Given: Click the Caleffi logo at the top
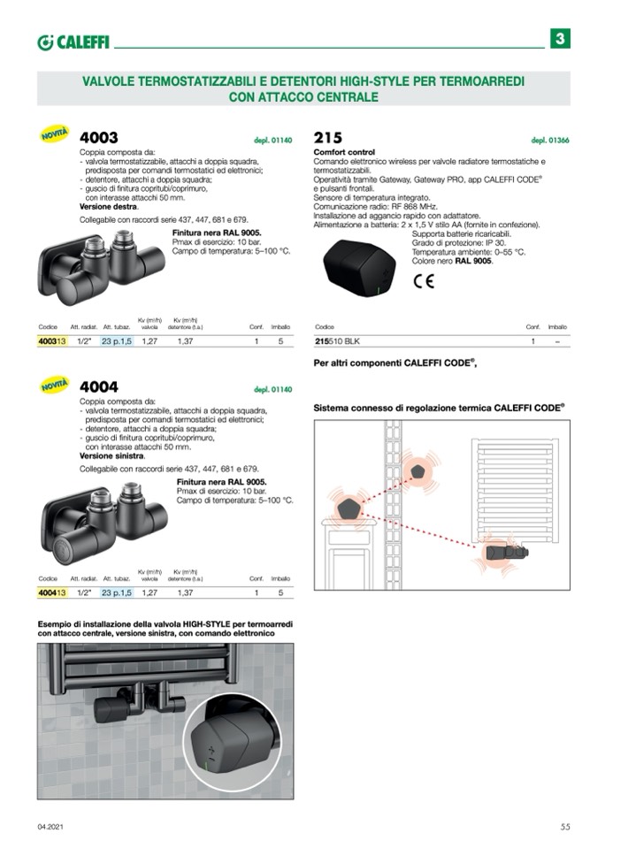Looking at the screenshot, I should point(73,42).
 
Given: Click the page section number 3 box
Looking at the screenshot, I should point(561,40).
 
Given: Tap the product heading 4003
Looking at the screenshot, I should point(99,138).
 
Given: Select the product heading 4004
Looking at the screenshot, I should point(99,387).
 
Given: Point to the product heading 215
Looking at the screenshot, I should point(328,138).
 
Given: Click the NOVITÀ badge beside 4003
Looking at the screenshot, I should point(55,135).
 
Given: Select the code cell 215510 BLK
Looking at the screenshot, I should point(337,340).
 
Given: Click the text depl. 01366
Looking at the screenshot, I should point(550,141).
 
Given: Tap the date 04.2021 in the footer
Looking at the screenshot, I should point(50,827).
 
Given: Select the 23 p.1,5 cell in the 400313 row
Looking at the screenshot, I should point(116,340).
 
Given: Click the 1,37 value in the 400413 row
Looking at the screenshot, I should point(185,592).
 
